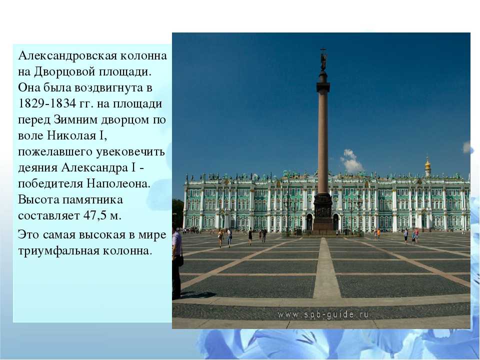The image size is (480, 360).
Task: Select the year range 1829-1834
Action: [x=47, y=104]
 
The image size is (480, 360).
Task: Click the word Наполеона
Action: [x=118, y=183]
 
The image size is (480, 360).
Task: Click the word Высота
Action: [x=38, y=199]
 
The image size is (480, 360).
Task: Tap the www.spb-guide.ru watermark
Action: [x=323, y=314]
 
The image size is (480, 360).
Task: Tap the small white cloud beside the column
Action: [x=351, y=160]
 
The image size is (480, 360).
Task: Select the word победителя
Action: [x=50, y=183]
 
